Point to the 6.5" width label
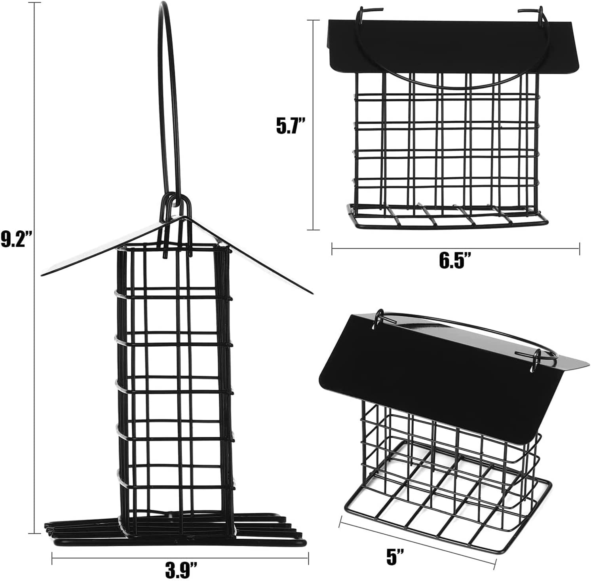(455, 262)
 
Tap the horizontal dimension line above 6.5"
(455, 248)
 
